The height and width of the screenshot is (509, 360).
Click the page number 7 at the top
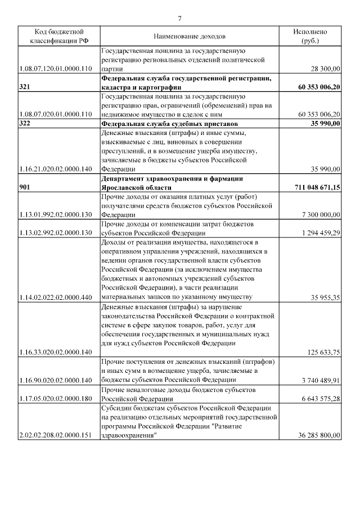pyautogui.click(x=180, y=19)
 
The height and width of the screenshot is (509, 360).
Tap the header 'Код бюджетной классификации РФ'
pyautogui.click(x=55, y=37)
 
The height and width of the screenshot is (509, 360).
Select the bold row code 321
pyautogui.click(x=25, y=87)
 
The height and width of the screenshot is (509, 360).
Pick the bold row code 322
pyautogui.click(x=25, y=123)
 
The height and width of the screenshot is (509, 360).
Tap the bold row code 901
pyautogui.click(x=25, y=187)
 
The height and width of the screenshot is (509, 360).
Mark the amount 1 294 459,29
pyautogui.click(x=321, y=233)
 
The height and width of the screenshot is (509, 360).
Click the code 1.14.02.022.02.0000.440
pyautogui.click(x=55, y=298)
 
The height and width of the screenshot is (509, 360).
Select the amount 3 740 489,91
pyautogui.click(x=321, y=380)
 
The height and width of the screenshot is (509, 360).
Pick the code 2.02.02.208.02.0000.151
pyautogui.click(x=55, y=435)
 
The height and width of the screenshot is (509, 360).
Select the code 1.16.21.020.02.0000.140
pyautogui.click(x=55, y=169)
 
